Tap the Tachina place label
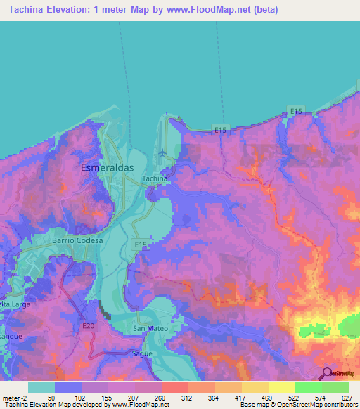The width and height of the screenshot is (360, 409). coord(155,179)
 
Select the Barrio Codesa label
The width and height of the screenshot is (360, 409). coord(77,240)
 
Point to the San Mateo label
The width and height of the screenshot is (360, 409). coord(150,328)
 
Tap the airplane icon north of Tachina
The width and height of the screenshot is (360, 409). coord(164,152)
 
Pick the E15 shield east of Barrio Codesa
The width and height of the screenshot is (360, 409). coord(141,244)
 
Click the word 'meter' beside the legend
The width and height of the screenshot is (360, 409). coord(13,398)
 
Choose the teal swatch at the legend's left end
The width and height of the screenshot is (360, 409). coord(41,387)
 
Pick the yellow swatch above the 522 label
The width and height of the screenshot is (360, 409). coord(281,387)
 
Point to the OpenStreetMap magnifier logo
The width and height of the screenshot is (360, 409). coord(328,373)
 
